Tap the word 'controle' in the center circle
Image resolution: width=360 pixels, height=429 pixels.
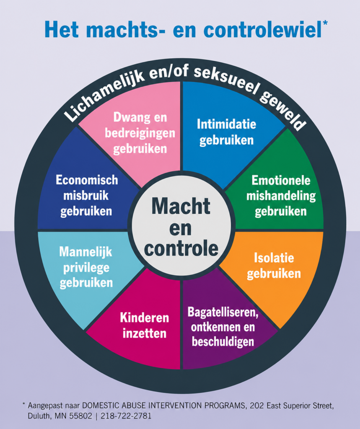(181, 249)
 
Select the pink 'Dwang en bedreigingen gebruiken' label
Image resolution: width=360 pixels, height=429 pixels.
(140, 133)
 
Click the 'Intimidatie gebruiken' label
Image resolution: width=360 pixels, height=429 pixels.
(226, 132)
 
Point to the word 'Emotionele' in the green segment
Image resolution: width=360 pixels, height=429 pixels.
(281, 180)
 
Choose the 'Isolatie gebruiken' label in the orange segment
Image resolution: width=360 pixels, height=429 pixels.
(274, 266)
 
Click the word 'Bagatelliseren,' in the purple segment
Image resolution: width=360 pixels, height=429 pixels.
(223, 312)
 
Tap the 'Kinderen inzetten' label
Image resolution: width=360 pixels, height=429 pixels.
(144, 326)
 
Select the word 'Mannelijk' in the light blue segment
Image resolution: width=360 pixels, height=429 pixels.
(85, 252)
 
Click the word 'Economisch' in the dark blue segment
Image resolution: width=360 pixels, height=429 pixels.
(87, 180)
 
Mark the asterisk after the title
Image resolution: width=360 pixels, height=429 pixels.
(325, 23)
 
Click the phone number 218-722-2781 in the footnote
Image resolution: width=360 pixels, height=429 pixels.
(126, 416)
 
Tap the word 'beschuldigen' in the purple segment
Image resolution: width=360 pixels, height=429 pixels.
(223, 341)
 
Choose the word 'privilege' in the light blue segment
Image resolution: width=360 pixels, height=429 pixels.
(86, 268)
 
